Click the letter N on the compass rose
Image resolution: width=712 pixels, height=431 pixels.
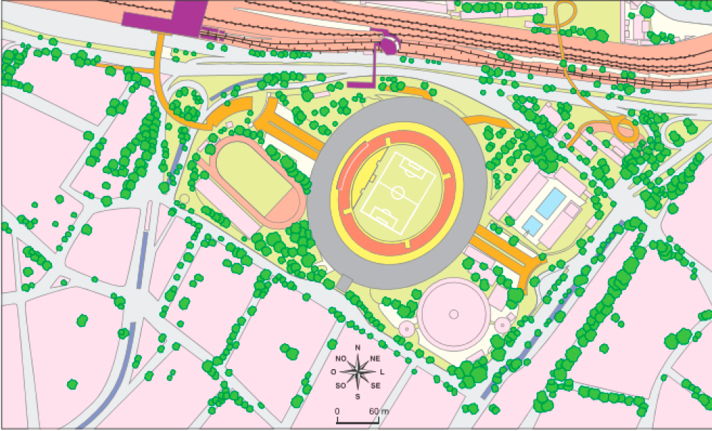point(357,348)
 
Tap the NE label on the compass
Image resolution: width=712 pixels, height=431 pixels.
point(375,358)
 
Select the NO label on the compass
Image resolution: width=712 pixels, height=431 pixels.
point(340,358)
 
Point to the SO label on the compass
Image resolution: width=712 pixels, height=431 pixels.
point(340,385)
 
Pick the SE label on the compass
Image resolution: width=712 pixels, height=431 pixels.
point(375,385)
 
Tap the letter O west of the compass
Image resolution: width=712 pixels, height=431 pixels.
point(334,372)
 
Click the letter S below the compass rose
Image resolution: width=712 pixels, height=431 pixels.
point(357,396)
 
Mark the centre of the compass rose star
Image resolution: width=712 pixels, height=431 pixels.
point(357,371)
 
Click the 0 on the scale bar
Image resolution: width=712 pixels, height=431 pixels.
point(337,412)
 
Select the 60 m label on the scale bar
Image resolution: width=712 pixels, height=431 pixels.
point(379,412)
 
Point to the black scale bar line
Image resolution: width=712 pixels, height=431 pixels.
point(357,421)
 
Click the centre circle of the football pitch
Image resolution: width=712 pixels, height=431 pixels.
point(397,192)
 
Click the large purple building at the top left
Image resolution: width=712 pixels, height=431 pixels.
point(164,16)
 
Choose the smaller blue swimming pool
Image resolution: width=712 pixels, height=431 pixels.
point(532,225)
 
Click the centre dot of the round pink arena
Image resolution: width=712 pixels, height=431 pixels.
point(453,314)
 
